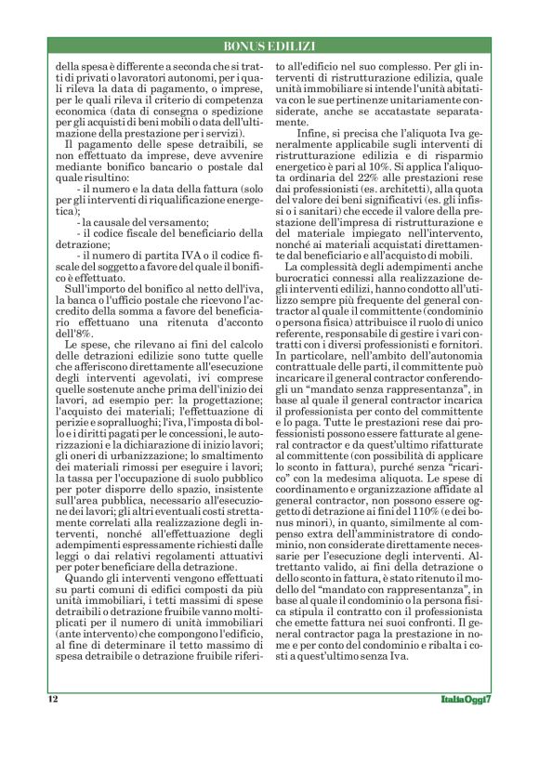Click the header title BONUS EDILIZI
(x=269, y=46)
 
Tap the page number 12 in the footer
(x=52, y=698)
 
